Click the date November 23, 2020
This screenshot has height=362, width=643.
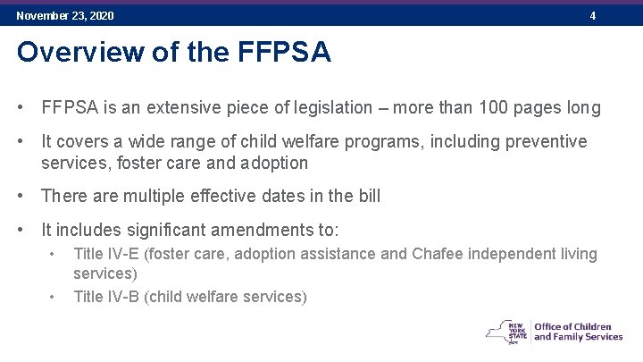coord(65,16)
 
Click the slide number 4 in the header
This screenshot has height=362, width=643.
coord(592,16)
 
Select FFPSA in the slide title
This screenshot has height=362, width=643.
coord(285,53)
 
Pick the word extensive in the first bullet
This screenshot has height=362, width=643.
coord(175,108)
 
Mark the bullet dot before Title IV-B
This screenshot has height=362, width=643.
coord(53,297)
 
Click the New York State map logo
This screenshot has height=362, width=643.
coord(506,330)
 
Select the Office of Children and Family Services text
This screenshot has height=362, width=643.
coord(578,331)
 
